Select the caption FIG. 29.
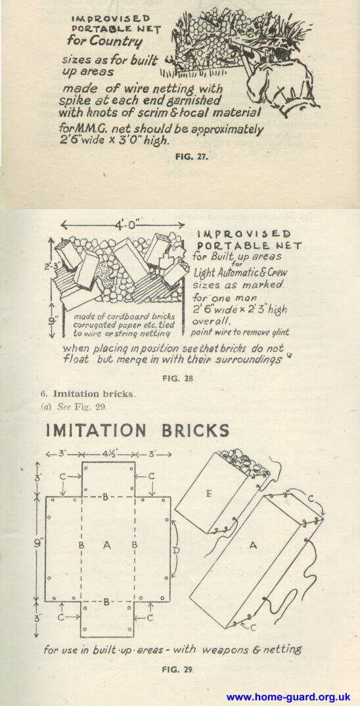179,669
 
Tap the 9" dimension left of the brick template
38,542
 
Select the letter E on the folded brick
208,494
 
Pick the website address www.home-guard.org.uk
288,697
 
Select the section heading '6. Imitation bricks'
88,394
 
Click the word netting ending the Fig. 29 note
281,649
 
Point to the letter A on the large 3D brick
252,546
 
